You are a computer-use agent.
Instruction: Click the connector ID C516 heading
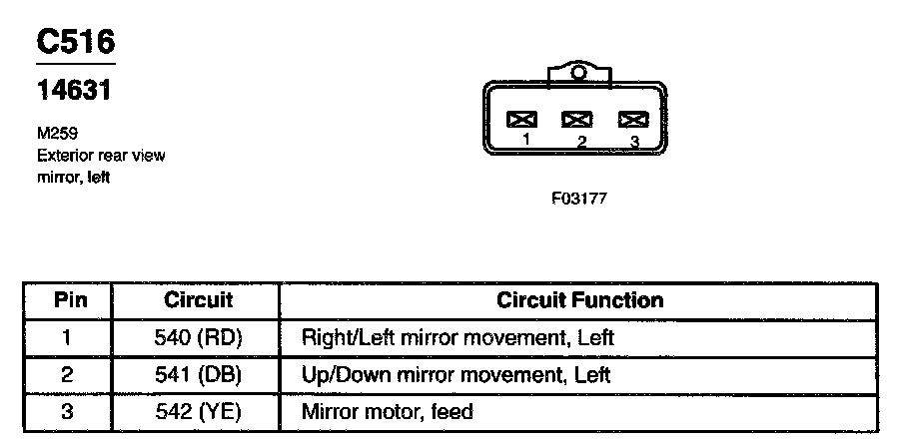tap(76, 41)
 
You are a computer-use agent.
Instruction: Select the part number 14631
tap(73, 90)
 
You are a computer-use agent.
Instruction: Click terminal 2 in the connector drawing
tap(576, 120)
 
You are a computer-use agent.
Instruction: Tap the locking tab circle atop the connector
tap(578, 73)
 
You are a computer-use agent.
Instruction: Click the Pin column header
tap(70, 299)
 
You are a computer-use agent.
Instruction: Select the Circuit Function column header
tap(579, 299)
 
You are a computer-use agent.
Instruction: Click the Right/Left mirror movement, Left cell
tap(457, 337)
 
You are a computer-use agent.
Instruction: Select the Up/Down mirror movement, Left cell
tap(455, 375)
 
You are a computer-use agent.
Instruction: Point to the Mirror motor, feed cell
tap(387, 411)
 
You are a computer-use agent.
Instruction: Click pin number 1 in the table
tap(68, 337)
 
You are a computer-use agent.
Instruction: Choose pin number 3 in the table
tap(68, 411)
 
